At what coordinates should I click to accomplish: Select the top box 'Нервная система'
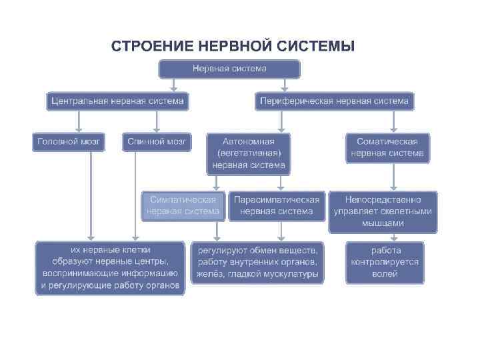229,69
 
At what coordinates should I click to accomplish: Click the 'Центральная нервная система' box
118,101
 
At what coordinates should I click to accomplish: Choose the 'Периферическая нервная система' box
335,101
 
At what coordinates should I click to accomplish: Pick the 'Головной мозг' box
69,142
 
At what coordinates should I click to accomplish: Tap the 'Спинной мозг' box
157,142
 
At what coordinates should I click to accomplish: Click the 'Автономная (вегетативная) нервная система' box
248,153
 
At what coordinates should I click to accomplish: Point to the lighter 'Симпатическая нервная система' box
183,205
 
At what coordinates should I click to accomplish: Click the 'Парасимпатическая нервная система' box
276,205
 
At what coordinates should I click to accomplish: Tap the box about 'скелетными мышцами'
383,211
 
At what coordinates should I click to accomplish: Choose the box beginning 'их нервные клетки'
110,267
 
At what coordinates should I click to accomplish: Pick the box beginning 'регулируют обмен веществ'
257,262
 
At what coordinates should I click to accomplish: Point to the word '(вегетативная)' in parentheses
248,153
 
